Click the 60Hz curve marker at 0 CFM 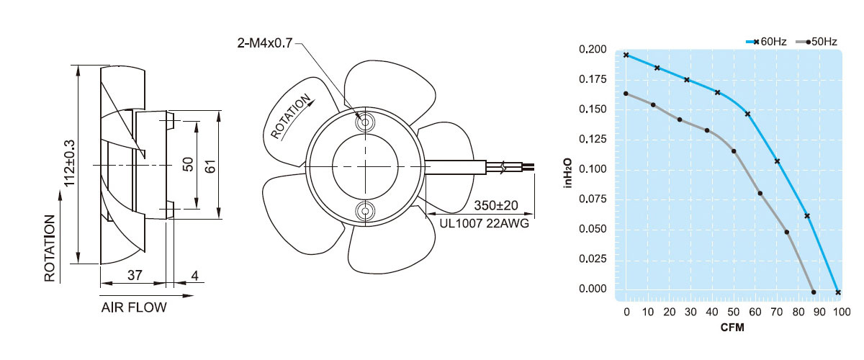pos(626,55)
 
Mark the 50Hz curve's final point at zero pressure pos(814,292)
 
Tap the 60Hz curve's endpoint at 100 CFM pos(838,292)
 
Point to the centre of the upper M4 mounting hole pos(365,122)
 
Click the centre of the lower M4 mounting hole pos(365,211)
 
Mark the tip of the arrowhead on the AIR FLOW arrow pos(194,296)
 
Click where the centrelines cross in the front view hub pos(365,166)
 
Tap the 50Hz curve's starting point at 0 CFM pos(626,94)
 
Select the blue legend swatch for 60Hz pos(752,42)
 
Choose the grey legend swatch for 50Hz pos(803,42)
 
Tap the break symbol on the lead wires pos(503,167)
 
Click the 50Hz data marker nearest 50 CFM pos(734,151)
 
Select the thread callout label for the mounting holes pos(265,42)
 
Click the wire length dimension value pos(495,205)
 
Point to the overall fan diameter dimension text pos(69,163)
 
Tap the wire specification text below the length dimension pos(485,223)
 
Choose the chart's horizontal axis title pos(732,328)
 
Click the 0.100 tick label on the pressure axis pos(593,168)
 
